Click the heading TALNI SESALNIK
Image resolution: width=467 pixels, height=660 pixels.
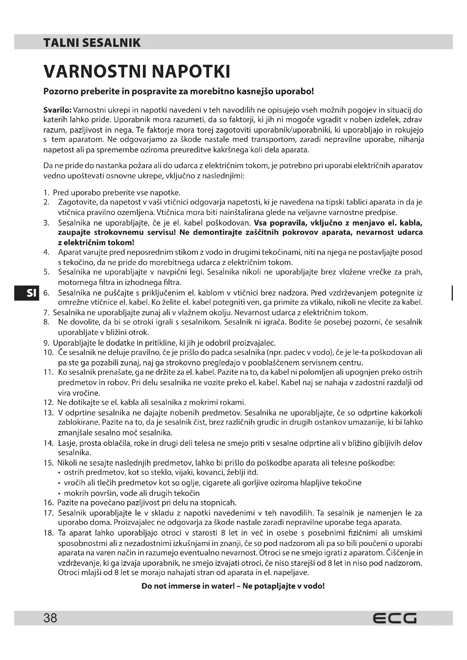(x=92, y=43)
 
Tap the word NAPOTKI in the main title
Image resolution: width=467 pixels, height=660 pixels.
(x=191, y=72)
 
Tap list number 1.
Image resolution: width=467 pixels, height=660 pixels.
(x=46, y=193)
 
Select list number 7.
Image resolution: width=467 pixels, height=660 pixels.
(x=46, y=312)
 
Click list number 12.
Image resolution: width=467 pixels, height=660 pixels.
(x=48, y=402)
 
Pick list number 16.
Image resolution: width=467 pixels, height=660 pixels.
(x=48, y=503)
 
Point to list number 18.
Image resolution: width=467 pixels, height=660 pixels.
(x=48, y=533)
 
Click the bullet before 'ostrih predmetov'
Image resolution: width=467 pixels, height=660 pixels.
(x=59, y=473)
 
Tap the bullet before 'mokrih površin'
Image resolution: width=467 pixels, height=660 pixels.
(x=59, y=494)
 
